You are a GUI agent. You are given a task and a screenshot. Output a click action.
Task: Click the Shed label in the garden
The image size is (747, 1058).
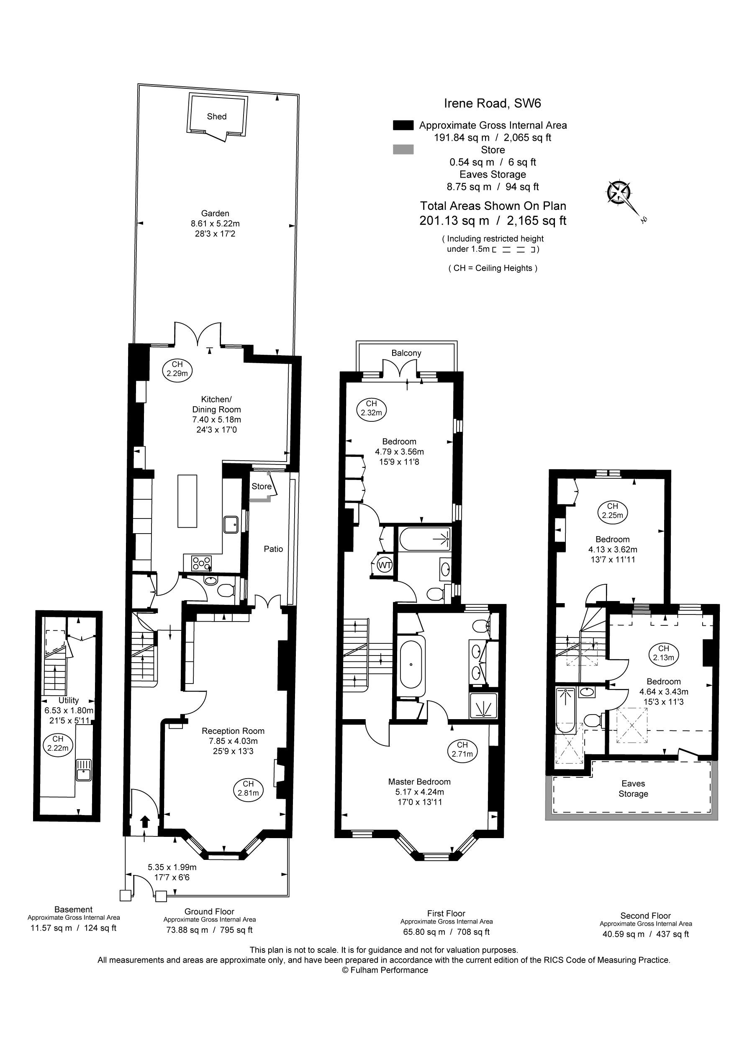click(216, 116)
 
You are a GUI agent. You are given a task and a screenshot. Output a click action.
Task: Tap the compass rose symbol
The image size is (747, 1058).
click(619, 192)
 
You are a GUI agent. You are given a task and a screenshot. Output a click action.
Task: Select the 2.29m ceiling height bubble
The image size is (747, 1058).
click(177, 369)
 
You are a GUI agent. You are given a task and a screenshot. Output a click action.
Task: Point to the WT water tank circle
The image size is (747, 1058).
click(385, 565)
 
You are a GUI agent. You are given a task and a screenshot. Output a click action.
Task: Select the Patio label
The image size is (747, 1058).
click(273, 549)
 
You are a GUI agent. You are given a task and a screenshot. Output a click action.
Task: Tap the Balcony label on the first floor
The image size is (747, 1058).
click(406, 353)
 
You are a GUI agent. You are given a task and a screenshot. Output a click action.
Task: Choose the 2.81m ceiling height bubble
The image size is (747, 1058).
click(248, 788)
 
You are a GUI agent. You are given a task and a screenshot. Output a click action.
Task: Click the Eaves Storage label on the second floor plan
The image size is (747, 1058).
click(633, 788)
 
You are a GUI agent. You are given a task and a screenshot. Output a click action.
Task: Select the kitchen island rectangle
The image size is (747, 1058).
click(187, 501)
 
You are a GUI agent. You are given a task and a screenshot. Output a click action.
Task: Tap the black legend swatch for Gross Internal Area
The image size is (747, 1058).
click(403, 125)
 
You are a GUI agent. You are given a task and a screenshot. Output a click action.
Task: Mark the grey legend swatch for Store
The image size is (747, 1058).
click(403, 149)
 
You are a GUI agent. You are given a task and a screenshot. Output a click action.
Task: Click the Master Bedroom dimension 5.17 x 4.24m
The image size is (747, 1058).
click(419, 792)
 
